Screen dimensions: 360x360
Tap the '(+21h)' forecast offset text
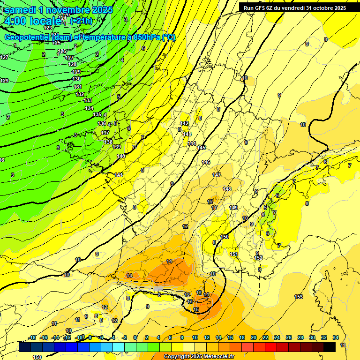[81, 21]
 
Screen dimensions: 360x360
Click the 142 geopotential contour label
[185, 123]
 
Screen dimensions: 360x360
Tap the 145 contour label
[201, 148]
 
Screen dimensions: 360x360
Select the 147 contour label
[217, 175]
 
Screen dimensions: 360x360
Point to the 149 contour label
[233, 208]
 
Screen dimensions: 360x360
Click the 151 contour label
[234, 254]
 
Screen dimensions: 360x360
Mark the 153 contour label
[299, 297]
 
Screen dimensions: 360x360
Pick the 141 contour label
[119, 175]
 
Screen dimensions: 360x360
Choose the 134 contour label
[89, 108]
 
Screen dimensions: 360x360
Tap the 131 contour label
[78, 87]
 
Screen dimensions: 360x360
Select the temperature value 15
[196, 309]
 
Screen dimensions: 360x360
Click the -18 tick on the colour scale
[32, 337]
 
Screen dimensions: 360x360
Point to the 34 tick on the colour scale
[336, 337]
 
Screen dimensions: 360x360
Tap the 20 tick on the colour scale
[254, 337]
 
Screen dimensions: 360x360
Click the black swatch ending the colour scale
[330, 347]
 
